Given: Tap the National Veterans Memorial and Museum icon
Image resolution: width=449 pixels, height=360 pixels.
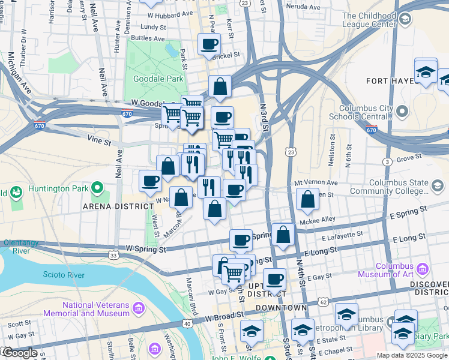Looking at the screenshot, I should tap(139, 308).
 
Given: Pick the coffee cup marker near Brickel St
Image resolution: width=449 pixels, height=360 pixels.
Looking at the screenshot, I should tap(209, 44).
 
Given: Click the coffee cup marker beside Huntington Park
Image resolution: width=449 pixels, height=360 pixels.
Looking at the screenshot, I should tap(150, 179).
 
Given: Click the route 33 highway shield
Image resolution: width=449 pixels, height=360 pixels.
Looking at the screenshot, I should tap(113, 256).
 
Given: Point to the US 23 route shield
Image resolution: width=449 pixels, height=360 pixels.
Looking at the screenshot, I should tap(291, 153).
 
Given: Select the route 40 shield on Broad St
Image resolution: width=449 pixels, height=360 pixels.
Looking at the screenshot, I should tap(187, 324).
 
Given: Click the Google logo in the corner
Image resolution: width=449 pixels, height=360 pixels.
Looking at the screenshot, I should tap(19, 353).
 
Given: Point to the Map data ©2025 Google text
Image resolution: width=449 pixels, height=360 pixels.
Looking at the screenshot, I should tap(412, 355).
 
